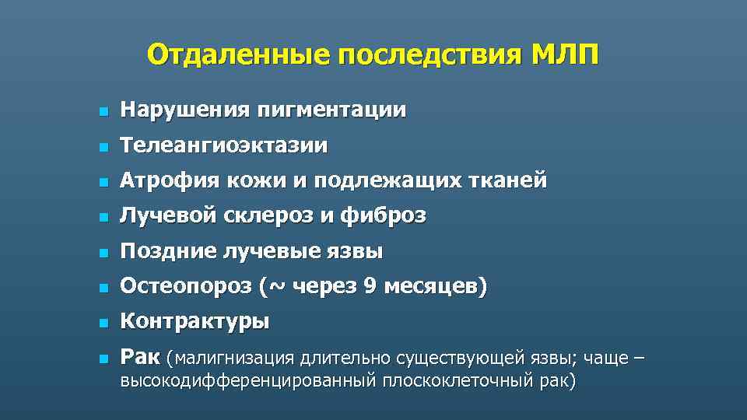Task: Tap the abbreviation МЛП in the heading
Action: pos(565,55)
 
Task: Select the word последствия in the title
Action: pos(425,55)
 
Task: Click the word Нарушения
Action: pos(180,110)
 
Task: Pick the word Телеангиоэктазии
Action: pos(224,145)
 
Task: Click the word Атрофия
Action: pos(169,181)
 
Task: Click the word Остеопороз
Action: pos(184,288)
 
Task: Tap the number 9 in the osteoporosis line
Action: pos(370,288)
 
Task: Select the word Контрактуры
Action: pos(195,322)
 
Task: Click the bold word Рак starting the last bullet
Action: pos(139,358)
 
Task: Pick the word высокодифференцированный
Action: pos(247,380)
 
